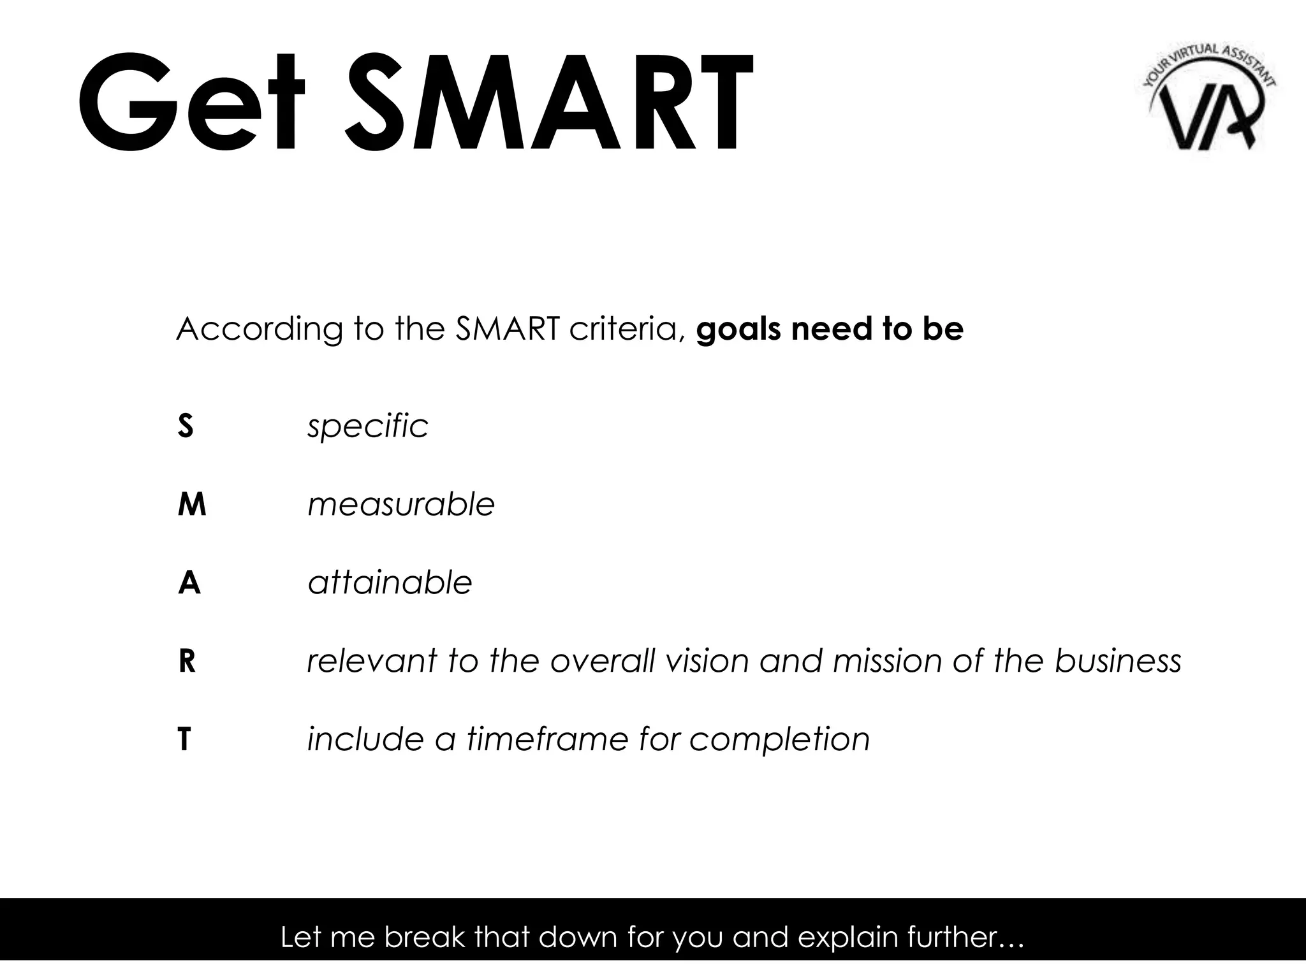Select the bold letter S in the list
(x=185, y=426)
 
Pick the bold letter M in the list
(x=192, y=505)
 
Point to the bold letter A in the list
(x=189, y=583)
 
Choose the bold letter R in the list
(x=187, y=662)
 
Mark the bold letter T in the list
(x=184, y=740)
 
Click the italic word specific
(x=368, y=426)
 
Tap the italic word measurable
(x=401, y=505)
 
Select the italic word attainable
(x=390, y=583)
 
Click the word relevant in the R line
(x=372, y=662)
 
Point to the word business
(x=1117, y=662)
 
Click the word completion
(x=779, y=740)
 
